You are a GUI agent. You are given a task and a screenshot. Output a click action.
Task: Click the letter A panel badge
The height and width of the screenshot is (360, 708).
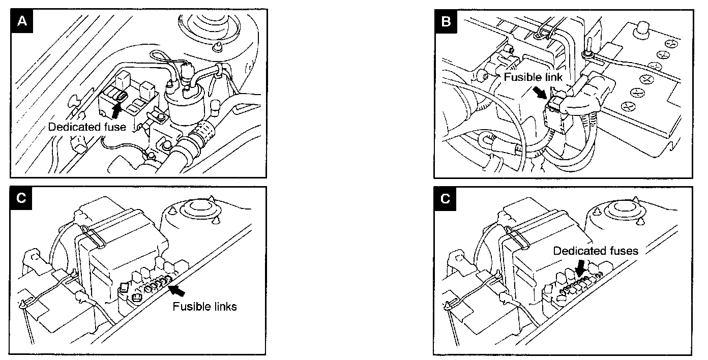pyautogui.click(x=21, y=22)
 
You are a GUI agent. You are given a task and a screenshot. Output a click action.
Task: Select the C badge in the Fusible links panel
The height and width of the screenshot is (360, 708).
pyautogui.click(x=21, y=198)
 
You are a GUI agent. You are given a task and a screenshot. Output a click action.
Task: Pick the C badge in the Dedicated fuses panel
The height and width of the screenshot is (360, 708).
pyautogui.click(x=446, y=198)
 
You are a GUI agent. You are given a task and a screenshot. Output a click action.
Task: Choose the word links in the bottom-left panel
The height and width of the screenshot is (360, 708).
pyautogui.click(x=223, y=307)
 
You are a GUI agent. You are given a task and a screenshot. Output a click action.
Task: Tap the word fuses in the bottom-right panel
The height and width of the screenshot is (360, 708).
pyautogui.click(x=624, y=251)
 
